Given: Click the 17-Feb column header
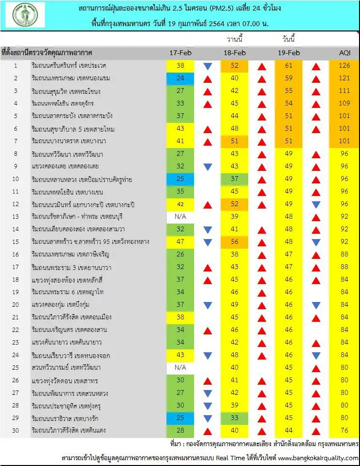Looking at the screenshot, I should tap(180, 53).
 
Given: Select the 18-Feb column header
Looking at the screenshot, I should tap(235, 53).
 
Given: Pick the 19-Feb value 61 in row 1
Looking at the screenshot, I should tap(289, 66).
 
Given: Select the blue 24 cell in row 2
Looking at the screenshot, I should tap(180, 78).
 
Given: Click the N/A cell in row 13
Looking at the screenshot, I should tap(180, 217).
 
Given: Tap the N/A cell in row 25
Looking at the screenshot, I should tap(180, 367).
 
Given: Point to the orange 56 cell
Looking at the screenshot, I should tap(235, 242).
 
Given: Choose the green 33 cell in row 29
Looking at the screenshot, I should tap(235, 418).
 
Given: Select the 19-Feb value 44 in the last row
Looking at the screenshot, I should tap(289, 431).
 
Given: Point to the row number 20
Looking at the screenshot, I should tap(15, 305).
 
